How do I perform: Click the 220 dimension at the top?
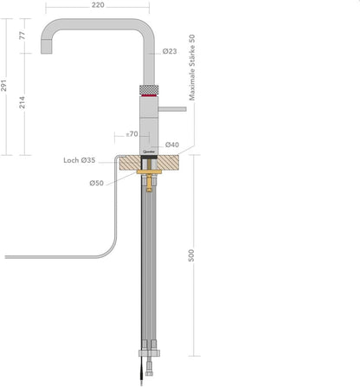98,5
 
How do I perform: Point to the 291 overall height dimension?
6,86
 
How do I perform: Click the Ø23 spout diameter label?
170,52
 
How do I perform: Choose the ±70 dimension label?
132,134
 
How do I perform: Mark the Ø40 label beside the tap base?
171,145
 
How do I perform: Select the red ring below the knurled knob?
149,99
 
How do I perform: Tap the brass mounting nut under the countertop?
149,175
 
